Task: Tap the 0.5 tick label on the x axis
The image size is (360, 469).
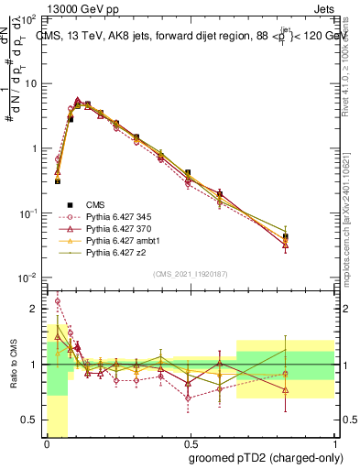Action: pos(189,445)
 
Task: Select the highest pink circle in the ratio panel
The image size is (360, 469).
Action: pos(58,300)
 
